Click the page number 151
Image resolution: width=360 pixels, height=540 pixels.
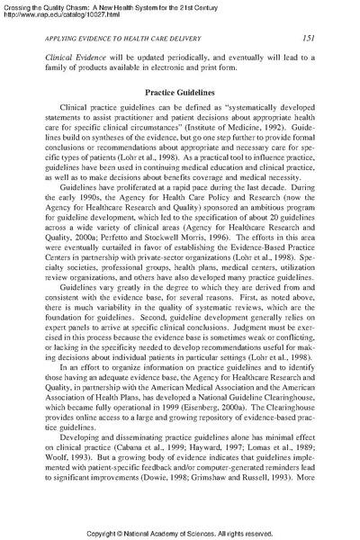click(307, 38)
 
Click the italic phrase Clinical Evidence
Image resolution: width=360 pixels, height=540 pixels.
click(78, 55)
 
